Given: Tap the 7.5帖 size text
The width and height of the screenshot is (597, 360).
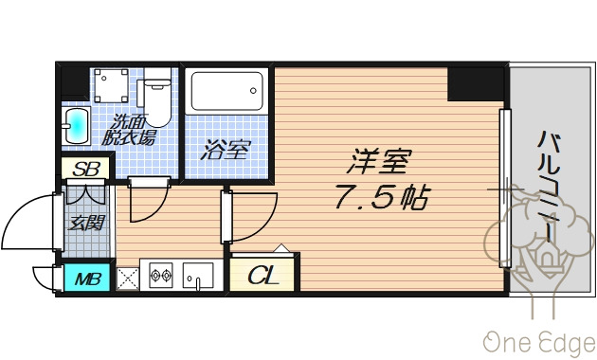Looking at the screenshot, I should coord(380,199).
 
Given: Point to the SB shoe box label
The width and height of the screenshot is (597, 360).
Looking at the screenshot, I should coord(86,171).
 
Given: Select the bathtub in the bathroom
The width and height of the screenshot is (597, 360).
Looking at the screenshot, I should coord(226,95).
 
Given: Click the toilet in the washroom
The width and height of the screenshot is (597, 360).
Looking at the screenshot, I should coord(154,98).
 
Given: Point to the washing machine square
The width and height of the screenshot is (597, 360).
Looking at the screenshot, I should coord(111,88).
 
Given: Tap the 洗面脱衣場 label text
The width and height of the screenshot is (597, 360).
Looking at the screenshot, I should coord(131,130).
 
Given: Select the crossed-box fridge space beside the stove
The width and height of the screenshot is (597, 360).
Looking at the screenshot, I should coord(127,278).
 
